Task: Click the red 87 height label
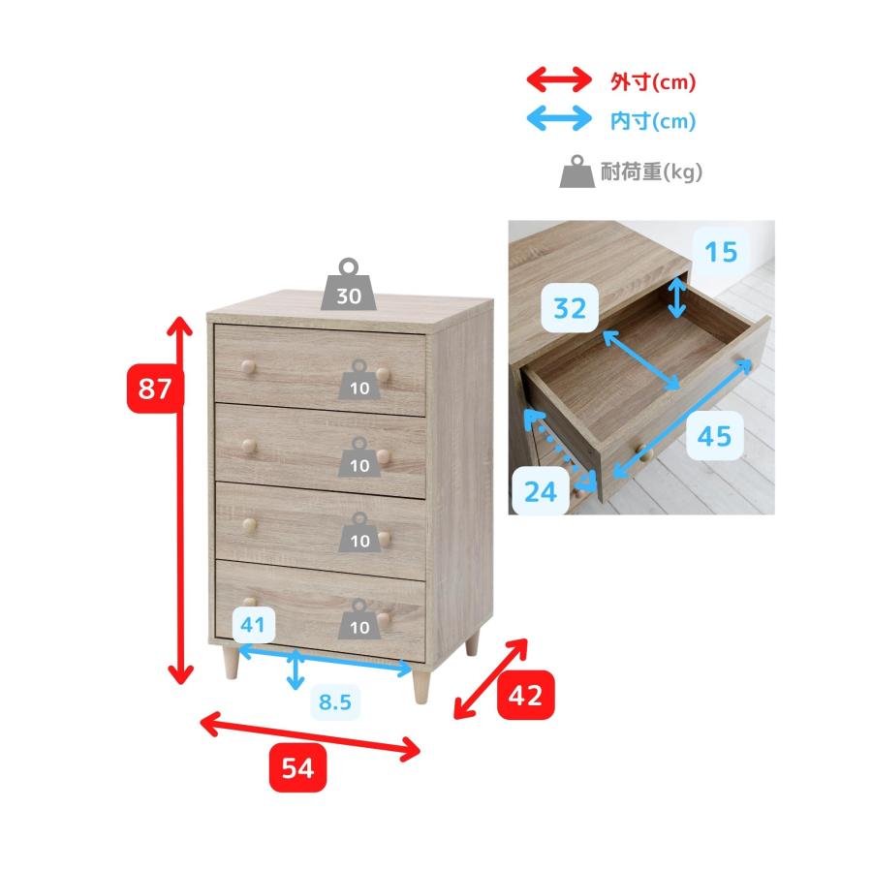coord(155,389)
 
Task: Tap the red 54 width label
coord(297,767)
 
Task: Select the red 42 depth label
coord(525,695)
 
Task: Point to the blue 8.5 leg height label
coord(335,701)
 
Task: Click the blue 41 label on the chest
coord(253,625)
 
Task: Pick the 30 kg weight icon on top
coord(349,284)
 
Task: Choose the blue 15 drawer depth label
coord(721,252)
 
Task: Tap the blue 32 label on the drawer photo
coord(570,308)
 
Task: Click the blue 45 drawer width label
coord(715,435)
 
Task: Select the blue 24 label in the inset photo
coord(540,491)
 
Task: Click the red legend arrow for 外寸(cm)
coord(559,79)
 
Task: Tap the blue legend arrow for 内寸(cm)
coord(559,118)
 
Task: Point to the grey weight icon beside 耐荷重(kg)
coord(577,171)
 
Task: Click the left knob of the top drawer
coord(248,366)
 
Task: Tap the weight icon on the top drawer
coord(359,380)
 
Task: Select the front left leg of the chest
coord(231,663)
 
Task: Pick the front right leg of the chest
coord(421,685)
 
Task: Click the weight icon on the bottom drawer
coord(359,619)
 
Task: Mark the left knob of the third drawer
coord(249,524)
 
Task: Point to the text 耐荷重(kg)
coord(651,171)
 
